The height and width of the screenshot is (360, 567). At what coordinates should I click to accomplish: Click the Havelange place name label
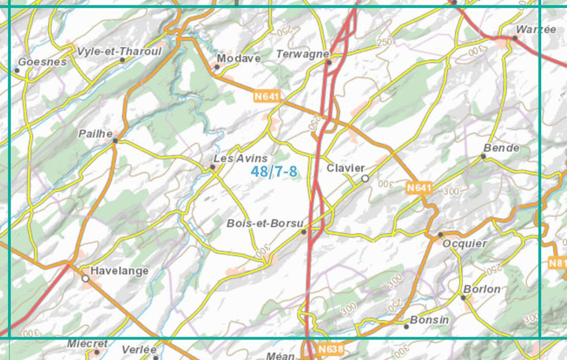pos(119,270)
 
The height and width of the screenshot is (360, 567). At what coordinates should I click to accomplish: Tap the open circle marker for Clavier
pos(365,179)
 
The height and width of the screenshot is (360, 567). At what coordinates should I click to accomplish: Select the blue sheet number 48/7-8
pos(274,172)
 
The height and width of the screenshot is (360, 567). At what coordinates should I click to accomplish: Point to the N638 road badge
pos(332,348)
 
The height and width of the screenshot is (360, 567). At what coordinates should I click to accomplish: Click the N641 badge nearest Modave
pos(267,96)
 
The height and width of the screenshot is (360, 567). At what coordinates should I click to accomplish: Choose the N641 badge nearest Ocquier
pos(421,187)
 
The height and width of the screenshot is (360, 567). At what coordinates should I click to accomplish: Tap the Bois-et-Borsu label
pos(265,223)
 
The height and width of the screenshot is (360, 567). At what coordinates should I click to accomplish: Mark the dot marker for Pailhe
pos(115,140)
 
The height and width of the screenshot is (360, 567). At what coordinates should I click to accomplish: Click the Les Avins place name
pos(241,158)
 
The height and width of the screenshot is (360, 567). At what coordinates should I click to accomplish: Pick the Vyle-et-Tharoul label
pos(119,50)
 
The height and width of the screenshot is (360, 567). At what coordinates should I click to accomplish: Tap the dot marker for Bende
pos(484,156)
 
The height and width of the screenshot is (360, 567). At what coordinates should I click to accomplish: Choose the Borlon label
pos(482,289)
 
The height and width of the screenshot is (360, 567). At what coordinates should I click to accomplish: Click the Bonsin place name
pos(430,320)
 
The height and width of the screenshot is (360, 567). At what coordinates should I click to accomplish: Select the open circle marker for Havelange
pos(85,277)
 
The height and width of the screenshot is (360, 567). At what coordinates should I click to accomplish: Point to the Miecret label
pos(87,343)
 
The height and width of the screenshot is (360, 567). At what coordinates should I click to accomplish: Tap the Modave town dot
pos(217,67)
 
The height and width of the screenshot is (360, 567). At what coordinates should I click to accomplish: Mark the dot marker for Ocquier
pos(440,235)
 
